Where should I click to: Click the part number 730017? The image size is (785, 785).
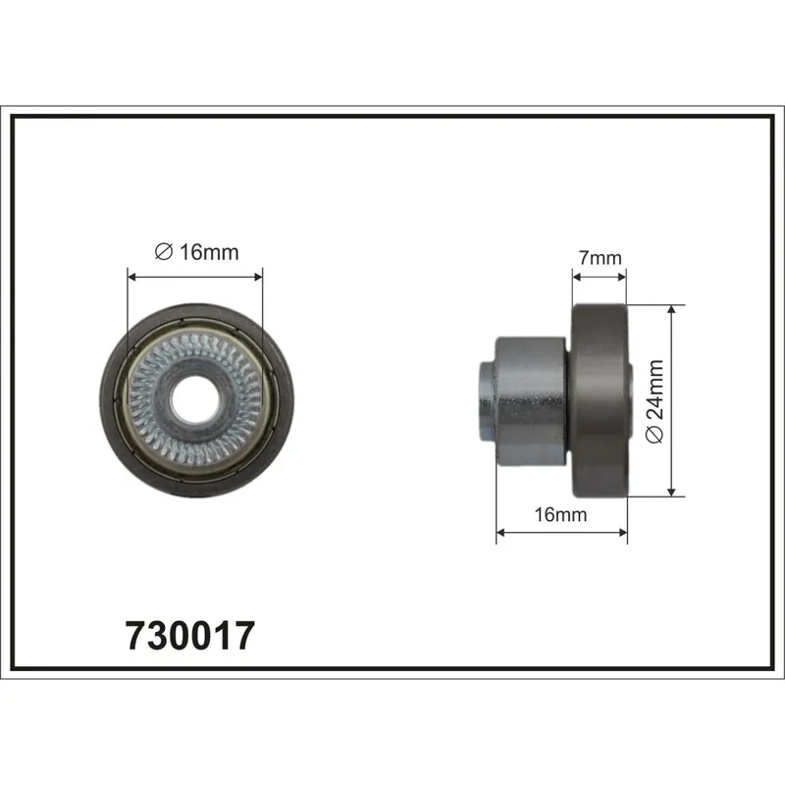(190, 636)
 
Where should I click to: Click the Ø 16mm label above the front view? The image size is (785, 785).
(197, 252)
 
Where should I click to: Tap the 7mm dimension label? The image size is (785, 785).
(600, 258)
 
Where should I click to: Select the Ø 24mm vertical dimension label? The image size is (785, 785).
(654, 401)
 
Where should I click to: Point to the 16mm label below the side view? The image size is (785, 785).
(560, 514)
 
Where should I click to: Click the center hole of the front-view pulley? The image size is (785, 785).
(195, 399)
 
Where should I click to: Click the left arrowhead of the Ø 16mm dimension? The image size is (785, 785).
(132, 277)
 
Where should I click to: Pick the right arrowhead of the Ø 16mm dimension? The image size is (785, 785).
(258, 277)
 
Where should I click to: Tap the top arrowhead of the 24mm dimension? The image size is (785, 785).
(672, 309)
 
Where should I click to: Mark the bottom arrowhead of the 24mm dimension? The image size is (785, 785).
(672, 492)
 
